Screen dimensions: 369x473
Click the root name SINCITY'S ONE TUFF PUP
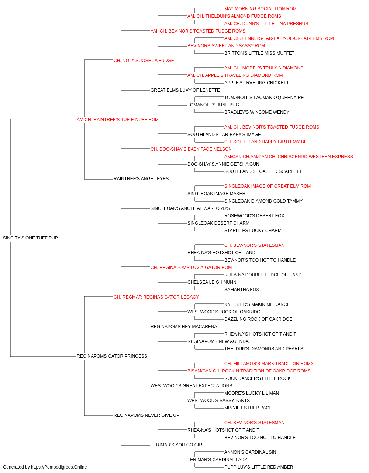[x=30, y=238]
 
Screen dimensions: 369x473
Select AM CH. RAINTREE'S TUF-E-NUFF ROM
[x=118, y=120]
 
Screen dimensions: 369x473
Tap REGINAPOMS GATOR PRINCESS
[x=112, y=356]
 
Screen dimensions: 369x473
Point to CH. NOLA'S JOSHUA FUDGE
[x=144, y=61]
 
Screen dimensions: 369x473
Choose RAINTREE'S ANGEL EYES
[x=141, y=179]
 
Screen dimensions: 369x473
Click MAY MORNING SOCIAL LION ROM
[x=261, y=9]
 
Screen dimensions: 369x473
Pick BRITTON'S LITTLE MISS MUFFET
[x=259, y=53]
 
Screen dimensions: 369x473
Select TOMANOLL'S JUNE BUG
[x=213, y=105]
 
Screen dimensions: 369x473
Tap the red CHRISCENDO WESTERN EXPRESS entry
[x=289, y=157]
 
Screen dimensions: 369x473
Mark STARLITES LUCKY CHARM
[x=253, y=231]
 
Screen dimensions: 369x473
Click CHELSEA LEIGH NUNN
[x=212, y=282]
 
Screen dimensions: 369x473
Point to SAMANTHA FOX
[x=242, y=290]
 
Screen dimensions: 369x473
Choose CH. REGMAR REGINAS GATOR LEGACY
[x=156, y=297]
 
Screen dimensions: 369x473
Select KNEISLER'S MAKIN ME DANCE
[x=257, y=304]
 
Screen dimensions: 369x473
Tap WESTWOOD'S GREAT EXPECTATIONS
[x=191, y=386]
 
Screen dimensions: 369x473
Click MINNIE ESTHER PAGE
[x=248, y=408]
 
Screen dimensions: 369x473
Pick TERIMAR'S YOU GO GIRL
[x=177, y=445]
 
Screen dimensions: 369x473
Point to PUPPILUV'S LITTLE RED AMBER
[x=259, y=467]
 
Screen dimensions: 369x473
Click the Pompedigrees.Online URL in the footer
[x=59, y=467]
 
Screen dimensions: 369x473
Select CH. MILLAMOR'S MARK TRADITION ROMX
[x=269, y=364]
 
